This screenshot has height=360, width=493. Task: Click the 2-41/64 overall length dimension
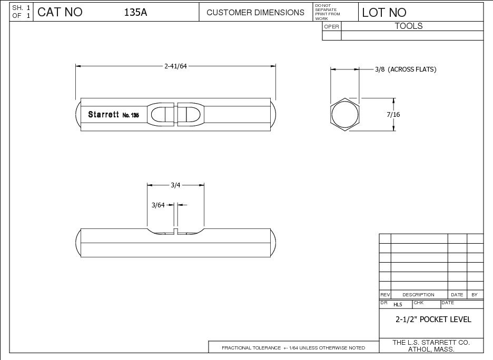176,66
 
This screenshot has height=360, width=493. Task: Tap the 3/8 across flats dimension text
405,69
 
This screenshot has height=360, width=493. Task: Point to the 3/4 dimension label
176,185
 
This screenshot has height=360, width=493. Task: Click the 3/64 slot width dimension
158,205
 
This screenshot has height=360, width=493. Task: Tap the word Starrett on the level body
103,114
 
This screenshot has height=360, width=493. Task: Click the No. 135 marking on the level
130,115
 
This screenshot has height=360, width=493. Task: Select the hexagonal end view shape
345,114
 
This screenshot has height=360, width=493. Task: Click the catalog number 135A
135,13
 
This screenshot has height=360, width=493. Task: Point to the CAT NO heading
60,13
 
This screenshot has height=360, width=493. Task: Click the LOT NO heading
384,13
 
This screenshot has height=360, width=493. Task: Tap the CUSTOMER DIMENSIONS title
255,13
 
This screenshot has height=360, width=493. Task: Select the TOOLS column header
409,26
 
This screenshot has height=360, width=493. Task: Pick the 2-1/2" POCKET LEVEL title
433,319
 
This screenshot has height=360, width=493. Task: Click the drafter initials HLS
398,305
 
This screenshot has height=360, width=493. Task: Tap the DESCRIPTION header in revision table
418,295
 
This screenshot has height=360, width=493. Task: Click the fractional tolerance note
293,348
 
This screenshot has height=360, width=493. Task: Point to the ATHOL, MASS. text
431,349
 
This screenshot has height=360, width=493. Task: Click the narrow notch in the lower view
176,232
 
